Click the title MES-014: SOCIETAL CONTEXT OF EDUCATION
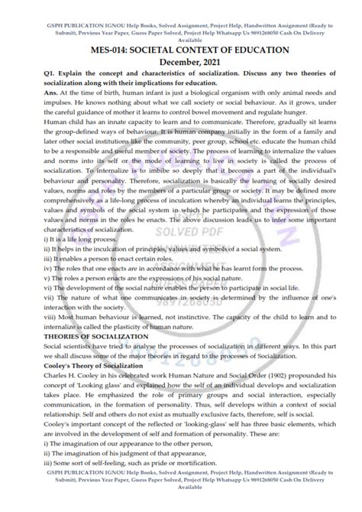pos(181,50)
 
